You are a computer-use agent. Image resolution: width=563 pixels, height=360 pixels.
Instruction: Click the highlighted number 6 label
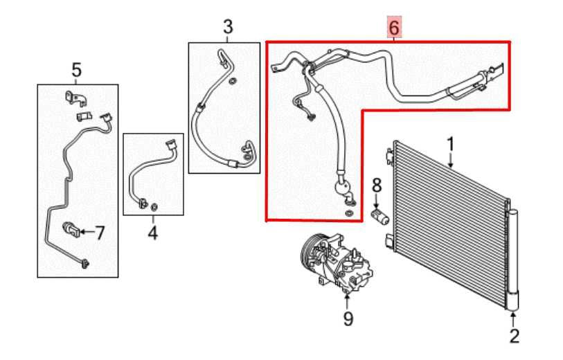coord(393,28)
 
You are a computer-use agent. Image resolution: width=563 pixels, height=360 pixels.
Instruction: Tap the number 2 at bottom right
coord(513,337)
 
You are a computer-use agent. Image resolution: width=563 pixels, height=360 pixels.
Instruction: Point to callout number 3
coord(228,28)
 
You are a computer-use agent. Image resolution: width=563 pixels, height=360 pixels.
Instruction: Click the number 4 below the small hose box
coord(152,234)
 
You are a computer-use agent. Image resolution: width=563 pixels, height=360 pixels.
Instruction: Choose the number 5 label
coord(76,69)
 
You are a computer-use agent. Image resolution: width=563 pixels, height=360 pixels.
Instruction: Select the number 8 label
coord(377,185)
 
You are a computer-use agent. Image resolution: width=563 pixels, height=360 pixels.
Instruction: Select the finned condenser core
coord(450,222)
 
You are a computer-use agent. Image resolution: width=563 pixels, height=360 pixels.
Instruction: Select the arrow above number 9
coord(348,300)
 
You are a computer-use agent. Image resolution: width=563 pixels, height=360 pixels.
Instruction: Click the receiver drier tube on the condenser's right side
coord(512,256)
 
